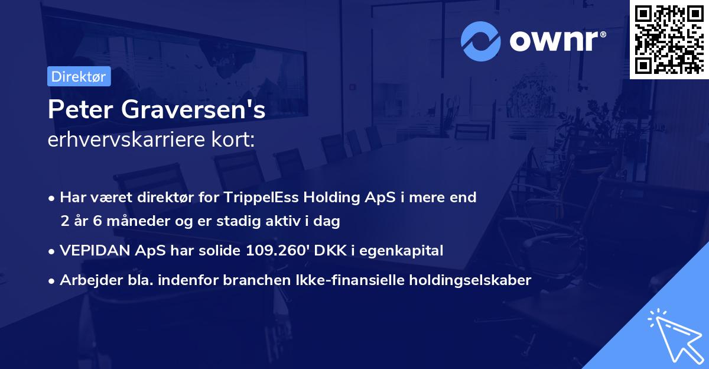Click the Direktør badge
[79, 76]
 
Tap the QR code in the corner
[669, 39]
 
